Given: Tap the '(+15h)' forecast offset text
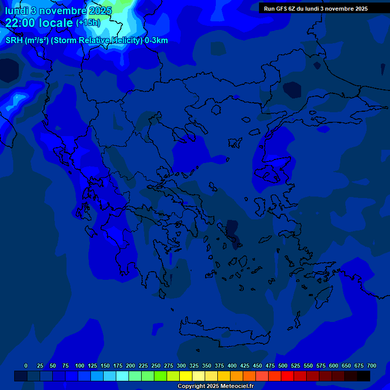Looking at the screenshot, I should pyautogui.click(x=88, y=23).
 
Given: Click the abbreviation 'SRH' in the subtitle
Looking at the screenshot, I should pyautogui.click(x=14, y=41).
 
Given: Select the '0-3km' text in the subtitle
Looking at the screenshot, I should pyautogui.click(x=156, y=41).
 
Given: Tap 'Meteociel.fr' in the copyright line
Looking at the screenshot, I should pyautogui.click(x=237, y=386).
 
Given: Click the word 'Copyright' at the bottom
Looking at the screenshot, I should pyautogui.click(x=191, y=386).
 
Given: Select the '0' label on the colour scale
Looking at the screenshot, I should pyautogui.click(x=26, y=366).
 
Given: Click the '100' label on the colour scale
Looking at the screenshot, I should pyautogui.click(x=80, y=366).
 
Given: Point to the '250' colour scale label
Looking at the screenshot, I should pyautogui.click(x=156, y=366).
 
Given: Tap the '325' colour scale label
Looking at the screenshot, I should pyautogui.click(x=194, y=366).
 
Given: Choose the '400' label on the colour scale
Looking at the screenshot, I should pyautogui.click(x=232, y=366).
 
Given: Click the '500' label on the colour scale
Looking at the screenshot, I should pyautogui.click(x=283, y=366).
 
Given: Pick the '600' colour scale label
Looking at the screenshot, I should pyautogui.click(x=334, y=366).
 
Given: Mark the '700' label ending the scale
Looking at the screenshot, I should pyautogui.click(x=372, y=366).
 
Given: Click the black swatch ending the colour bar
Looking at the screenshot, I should pyautogui.click(x=364, y=376).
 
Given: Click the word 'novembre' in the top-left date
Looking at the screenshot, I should pyautogui.click(x=64, y=11).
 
